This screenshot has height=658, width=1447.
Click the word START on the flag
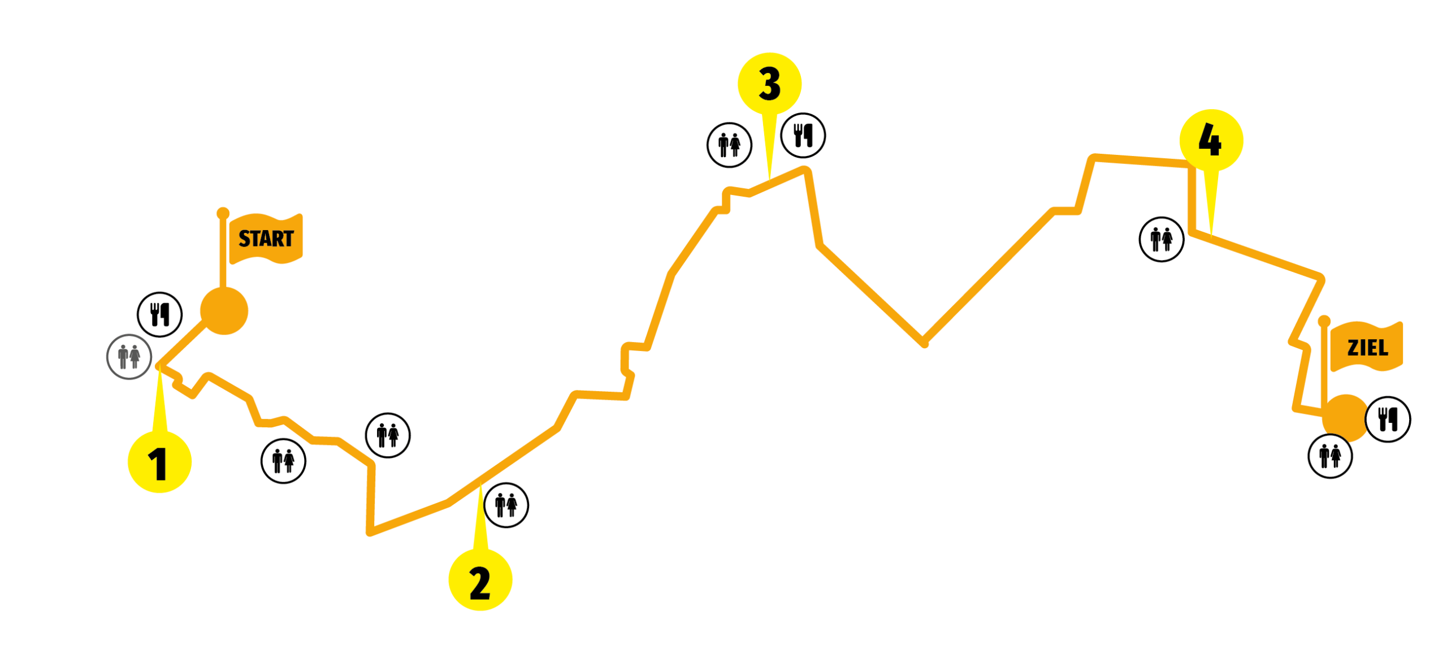click(x=266, y=239)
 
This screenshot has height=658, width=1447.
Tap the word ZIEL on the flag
click(x=1367, y=348)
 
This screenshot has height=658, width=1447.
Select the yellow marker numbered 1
click(x=160, y=462)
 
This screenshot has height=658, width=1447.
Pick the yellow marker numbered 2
click(x=480, y=580)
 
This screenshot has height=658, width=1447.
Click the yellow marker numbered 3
click(x=769, y=84)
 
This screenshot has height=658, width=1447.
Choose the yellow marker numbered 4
click(x=1211, y=140)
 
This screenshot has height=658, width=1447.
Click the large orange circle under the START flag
click(x=224, y=311)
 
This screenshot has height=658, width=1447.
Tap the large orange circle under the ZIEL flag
click(x=1345, y=418)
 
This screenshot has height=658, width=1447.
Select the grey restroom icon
click(x=129, y=357)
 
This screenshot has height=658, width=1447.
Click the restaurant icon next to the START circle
click(x=160, y=314)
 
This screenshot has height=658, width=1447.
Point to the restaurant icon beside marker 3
click(x=803, y=135)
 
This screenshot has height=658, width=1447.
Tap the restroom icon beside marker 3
click(x=729, y=145)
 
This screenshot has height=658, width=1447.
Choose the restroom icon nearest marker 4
click(x=1162, y=239)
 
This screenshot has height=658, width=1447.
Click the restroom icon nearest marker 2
click(x=506, y=505)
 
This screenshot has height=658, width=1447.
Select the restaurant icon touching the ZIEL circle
click(x=1388, y=419)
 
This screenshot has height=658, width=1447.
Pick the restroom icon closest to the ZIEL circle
click(x=1330, y=456)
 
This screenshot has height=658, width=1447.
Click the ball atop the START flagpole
click(x=223, y=214)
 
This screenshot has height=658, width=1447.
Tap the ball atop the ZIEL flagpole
click(x=1324, y=321)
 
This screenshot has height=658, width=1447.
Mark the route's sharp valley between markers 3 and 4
click(x=924, y=343)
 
